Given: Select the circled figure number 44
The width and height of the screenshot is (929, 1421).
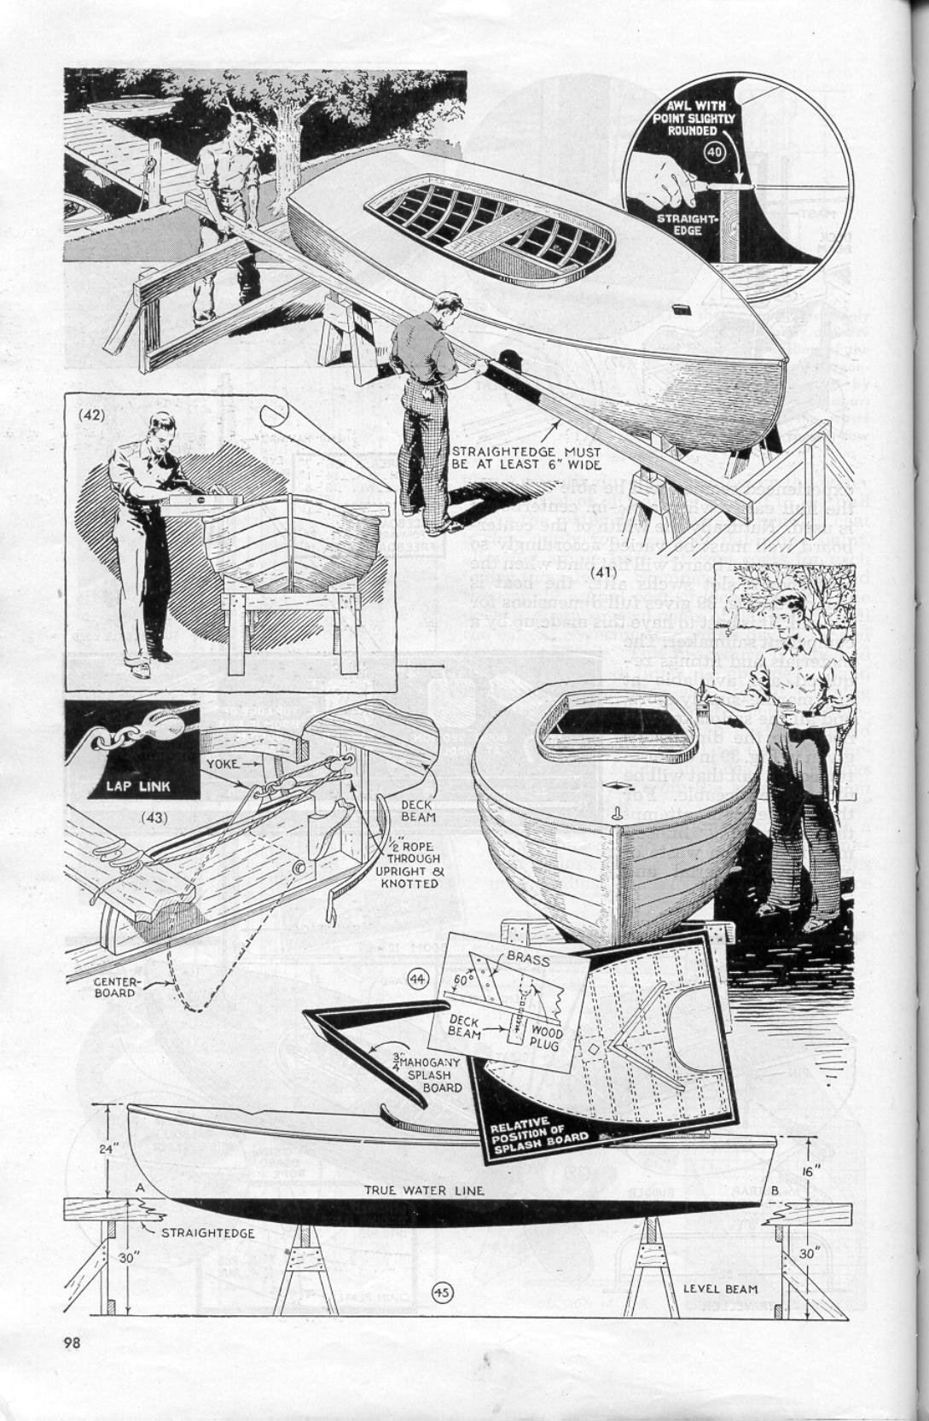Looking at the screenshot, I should pyautogui.click(x=419, y=976).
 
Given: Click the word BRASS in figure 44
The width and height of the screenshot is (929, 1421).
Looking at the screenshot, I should pyautogui.click(x=528, y=959).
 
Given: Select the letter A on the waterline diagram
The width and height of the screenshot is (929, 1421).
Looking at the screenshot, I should pyautogui.click(x=138, y=1185).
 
